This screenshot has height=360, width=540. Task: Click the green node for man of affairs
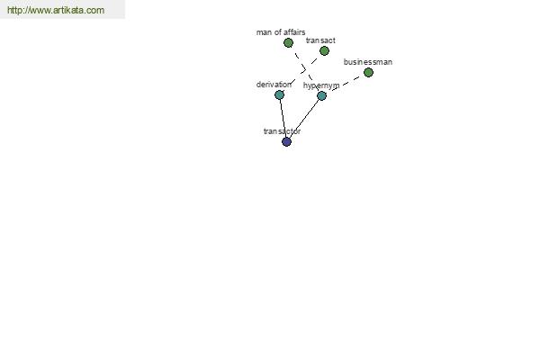point(288,42)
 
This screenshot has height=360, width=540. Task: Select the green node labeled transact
point(324,51)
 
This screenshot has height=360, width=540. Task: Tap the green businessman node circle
point(368,72)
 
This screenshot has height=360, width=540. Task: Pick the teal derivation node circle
point(279,94)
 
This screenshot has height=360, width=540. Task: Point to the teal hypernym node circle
point(321,95)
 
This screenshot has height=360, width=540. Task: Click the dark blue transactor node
point(286,141)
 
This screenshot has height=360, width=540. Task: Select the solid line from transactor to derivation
point(283,118)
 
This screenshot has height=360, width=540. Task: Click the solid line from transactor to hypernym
point(304,119)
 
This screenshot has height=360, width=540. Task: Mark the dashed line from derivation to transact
point(301,73)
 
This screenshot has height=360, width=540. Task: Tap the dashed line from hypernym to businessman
point(345,84)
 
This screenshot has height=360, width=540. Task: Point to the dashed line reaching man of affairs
point(305,69)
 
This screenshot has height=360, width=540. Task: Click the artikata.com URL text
point(56,10)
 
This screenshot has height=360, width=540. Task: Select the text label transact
point(320,40)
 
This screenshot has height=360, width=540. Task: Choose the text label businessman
point(368,62)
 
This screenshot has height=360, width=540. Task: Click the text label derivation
point(274,85)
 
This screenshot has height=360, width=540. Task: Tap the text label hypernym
point(321,85)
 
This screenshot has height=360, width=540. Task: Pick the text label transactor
point(282,131)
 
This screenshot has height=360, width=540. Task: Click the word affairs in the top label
point(294,32)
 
